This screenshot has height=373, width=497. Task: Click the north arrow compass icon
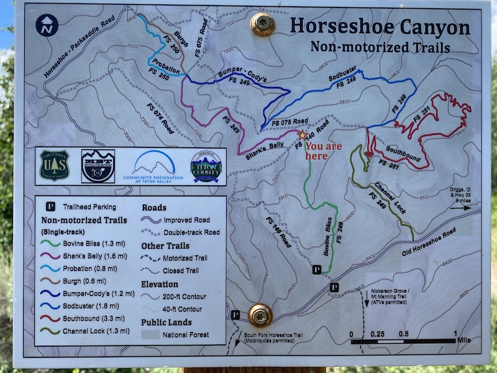[47, 25]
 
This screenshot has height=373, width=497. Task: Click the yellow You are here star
[303, 134]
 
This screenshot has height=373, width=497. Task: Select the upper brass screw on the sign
[262, 24]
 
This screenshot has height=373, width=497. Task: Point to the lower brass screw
[260, 315]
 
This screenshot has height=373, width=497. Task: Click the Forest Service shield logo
[55, 166]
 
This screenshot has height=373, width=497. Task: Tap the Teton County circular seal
[206, 166]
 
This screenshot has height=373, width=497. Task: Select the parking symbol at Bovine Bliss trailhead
[316, 270]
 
